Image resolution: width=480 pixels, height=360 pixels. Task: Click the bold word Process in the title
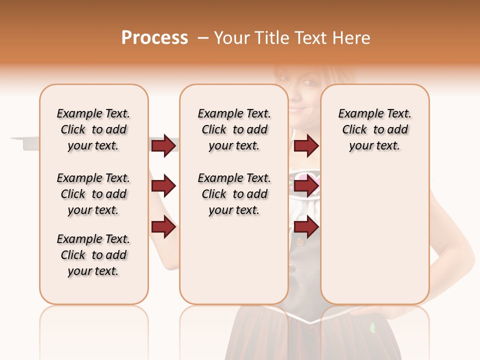pos(154,38)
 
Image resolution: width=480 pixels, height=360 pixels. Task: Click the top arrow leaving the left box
pos(163,145)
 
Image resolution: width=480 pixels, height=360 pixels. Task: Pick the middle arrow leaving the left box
pos(163,186)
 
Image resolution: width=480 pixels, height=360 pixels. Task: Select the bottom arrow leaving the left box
pos(163,227)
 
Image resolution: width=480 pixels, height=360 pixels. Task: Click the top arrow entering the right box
pos(306,145)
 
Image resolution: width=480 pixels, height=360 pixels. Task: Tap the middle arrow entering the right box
pos(306,186)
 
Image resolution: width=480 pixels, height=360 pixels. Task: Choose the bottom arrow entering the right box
pos(306,227)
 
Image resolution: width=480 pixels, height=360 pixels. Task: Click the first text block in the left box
pos(93,129)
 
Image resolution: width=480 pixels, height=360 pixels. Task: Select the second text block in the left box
pos(93,194)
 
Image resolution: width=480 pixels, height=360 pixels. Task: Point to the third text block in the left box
pos(93,255)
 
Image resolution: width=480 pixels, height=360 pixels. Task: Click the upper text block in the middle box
pos(234,129)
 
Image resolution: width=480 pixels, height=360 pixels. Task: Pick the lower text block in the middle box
pos(234,194)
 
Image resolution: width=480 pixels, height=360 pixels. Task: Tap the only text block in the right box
pos(374,129)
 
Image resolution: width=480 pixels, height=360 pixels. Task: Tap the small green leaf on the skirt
pos(372,328)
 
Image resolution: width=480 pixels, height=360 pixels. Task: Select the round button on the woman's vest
pos(300,241)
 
